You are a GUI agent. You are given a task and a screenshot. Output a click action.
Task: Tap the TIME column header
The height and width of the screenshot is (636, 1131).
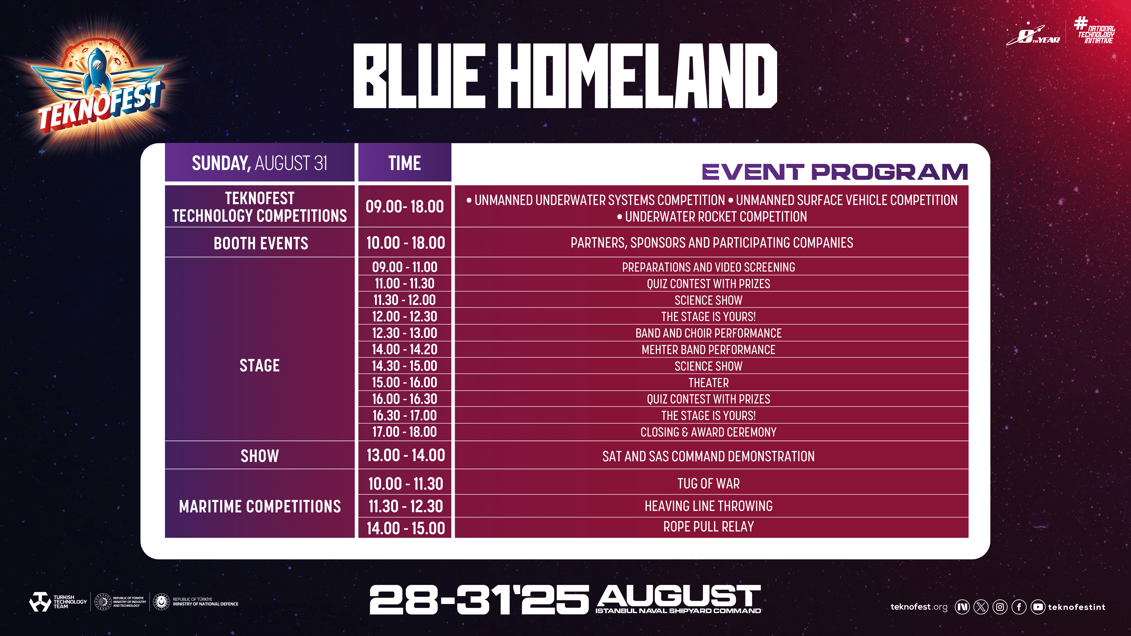click(404, 162)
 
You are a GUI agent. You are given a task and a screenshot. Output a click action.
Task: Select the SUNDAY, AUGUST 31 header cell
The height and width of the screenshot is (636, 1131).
click(260, 162)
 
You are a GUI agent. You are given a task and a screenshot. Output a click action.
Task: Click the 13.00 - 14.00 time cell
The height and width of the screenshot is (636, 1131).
click(405, 455)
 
